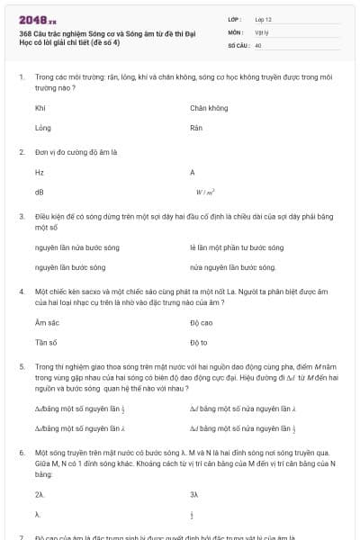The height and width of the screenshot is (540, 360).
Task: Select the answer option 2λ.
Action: point(40,494)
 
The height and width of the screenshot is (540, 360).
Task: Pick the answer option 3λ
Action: point(194,494)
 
